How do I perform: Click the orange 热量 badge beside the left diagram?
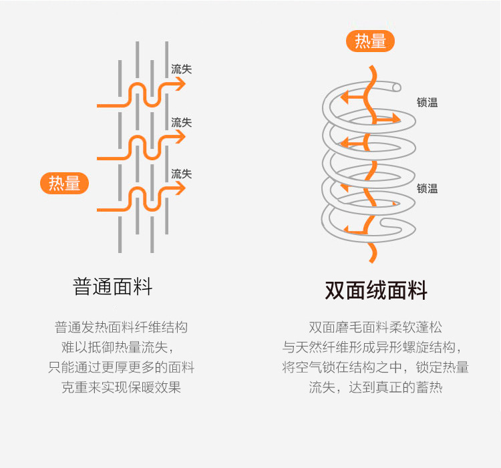click(65, 183)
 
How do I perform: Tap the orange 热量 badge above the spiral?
click(370, 41)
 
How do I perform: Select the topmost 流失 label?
click(181, 69)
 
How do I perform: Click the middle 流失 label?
click(181, 122)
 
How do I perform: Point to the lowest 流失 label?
click(181, 174)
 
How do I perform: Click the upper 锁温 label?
click(428, 103)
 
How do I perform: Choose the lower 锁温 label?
click(428, 188)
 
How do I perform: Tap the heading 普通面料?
click(113, 287)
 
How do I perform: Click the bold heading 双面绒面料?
click(376, 290)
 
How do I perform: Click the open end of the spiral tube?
click(397, 87)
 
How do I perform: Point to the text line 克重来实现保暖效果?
click(121, 387)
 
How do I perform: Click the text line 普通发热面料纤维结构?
click(121, 327)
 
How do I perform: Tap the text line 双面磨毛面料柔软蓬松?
click(375, 327)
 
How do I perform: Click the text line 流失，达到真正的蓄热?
click(375, 387)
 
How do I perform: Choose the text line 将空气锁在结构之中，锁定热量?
click(375, 367)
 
